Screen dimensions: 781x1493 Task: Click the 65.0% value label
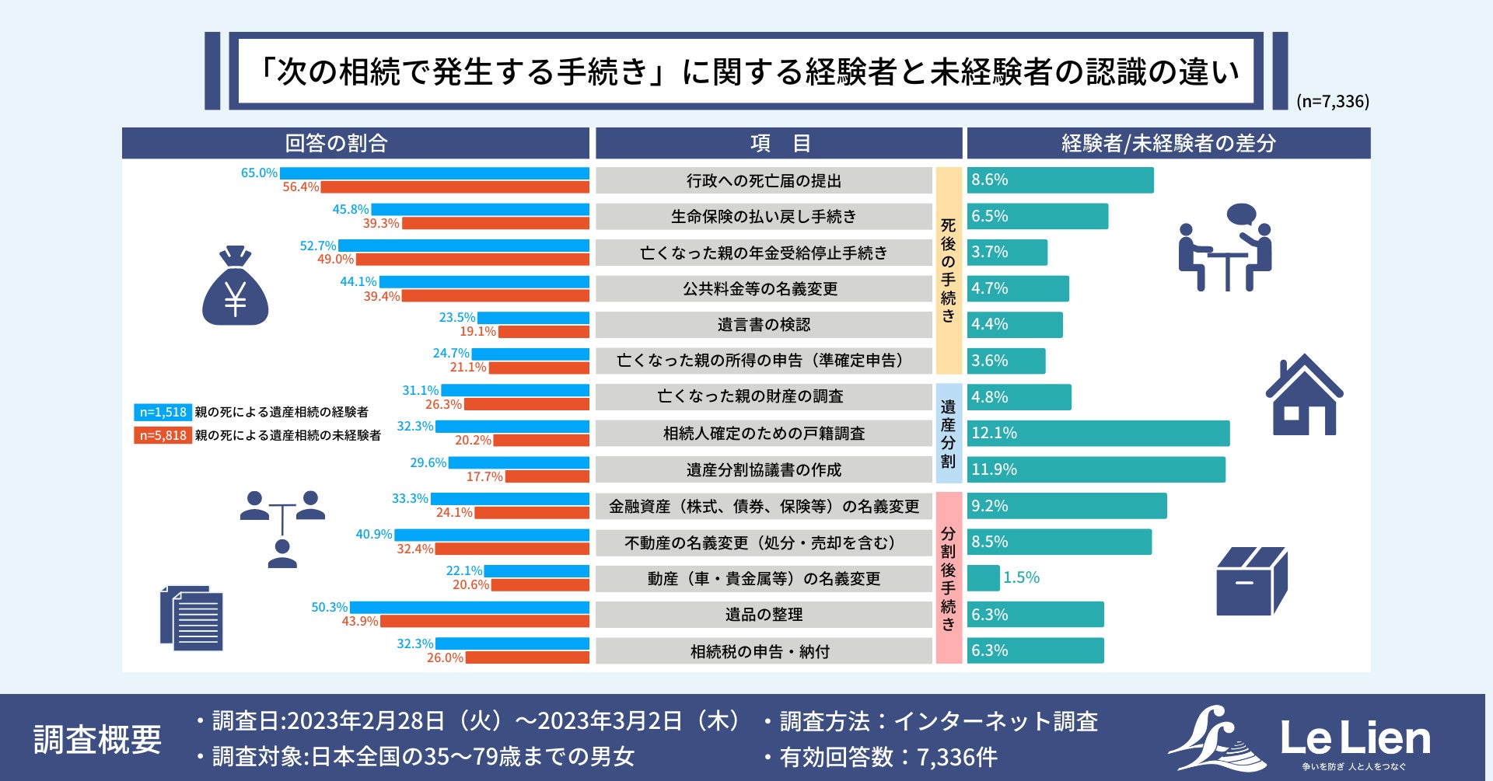pos(259,173)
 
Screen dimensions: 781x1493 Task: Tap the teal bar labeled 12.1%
pos(1098,433)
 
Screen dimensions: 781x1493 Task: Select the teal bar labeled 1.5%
pos(983,577)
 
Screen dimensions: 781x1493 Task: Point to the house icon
pos(1304,396)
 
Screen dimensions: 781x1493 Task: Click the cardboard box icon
pos(1251,581)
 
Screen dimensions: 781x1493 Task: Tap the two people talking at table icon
pos(1225,248)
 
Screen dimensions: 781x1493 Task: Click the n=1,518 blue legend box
pos(163,412)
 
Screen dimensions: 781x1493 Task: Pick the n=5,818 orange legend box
pos(163,435)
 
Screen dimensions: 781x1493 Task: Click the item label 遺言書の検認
pos(764,325)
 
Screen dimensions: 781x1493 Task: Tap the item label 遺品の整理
pos(764,615)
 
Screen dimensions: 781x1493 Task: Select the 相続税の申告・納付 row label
pos(760,651)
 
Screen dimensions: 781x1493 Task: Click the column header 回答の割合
pos(336,143)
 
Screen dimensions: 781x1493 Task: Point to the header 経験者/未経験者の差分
pos(1168,143)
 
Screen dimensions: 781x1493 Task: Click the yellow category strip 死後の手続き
pos(948,270)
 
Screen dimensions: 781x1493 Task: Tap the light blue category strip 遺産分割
pos(948,433)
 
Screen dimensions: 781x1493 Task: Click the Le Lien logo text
pos(1355,738)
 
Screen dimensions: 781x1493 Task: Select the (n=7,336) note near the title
pos(1332,101)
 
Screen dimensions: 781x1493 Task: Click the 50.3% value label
pos(329,607)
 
